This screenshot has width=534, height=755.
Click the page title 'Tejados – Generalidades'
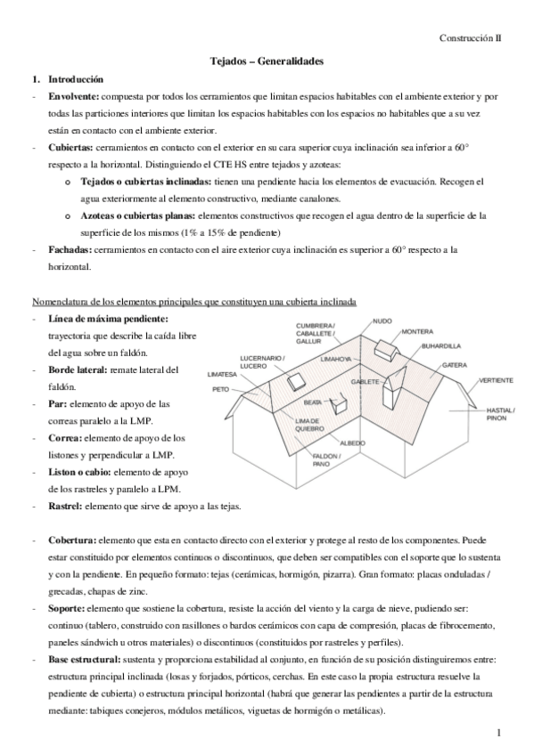pos(266,61)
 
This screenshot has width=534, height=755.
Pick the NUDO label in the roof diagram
pos(382,321)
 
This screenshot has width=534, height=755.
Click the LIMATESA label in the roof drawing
pos(222,374)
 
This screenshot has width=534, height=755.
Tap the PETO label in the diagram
pos(220,389)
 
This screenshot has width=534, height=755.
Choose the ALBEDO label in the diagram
pos(353,442)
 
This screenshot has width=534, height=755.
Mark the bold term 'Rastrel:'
pos(65,506)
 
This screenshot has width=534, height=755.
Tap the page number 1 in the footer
pos(501,731)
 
